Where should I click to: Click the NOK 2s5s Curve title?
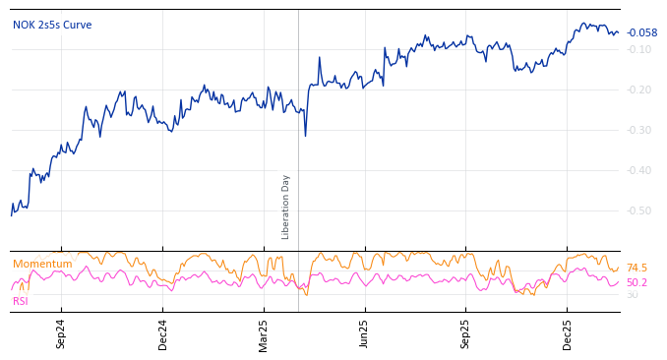tap(52, 26)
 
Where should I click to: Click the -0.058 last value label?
tap(641, 33)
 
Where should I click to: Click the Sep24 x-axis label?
tap(61, 334)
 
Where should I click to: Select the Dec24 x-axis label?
tap(163, 334)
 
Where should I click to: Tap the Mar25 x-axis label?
tap(264, 334)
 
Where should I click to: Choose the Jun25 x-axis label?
tap(365, 334)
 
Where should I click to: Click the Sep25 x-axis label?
tap(466, 334)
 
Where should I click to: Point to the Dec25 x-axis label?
tap(568, 334)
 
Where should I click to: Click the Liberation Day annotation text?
tap(286, 207)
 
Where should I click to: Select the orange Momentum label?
tap(42, 265)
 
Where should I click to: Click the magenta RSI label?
tap(20, 302)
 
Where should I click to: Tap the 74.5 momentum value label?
tap(637, 269)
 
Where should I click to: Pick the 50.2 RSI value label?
tap(637, 283)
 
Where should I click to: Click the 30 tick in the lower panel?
tap(632, 295)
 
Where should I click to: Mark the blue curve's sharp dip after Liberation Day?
tap(305, 135)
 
